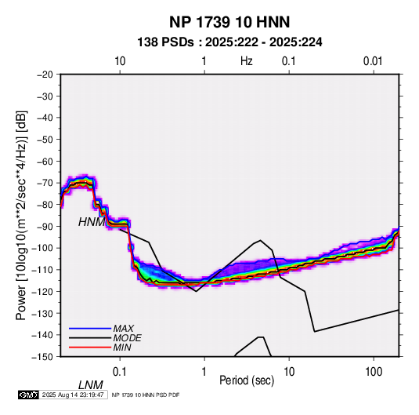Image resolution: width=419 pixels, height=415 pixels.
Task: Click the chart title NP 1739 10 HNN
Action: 229,22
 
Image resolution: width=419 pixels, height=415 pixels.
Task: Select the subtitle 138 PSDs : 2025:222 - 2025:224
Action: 229,42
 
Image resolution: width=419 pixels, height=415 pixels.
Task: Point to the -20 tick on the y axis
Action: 45,75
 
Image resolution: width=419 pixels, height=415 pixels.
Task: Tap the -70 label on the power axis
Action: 45,183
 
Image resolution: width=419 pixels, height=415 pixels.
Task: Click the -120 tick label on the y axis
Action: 42,291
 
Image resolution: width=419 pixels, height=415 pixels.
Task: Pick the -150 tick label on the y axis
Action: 42,357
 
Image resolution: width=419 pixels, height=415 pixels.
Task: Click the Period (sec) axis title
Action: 247,380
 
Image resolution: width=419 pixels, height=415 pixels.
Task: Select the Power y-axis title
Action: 22,216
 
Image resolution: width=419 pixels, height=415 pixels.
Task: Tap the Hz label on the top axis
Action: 247,61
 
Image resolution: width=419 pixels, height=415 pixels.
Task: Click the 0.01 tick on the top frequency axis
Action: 373,61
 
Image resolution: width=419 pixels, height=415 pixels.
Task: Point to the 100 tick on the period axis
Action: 374,372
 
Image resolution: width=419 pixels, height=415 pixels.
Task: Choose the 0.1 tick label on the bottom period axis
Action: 120,372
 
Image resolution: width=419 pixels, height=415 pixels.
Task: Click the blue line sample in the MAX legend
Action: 90,329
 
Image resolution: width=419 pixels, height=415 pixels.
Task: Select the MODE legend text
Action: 127,338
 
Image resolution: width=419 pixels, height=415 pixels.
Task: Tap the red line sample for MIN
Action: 90,348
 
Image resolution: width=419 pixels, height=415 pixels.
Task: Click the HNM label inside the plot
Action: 92,222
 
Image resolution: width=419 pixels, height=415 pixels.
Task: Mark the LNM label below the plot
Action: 91,385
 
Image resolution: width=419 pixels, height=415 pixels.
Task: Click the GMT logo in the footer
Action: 29,395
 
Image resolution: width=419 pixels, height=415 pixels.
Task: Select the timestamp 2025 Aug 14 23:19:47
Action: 73,395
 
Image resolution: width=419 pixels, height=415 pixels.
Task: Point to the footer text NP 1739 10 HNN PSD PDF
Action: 146,395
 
